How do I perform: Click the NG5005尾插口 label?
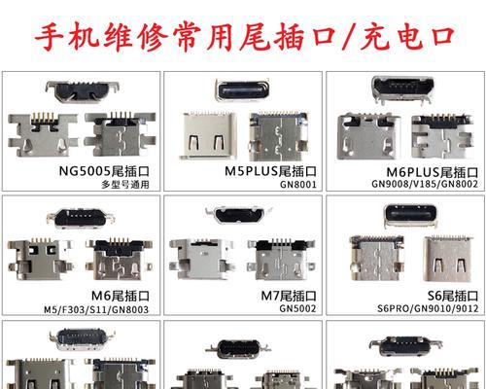[x=104, y=171]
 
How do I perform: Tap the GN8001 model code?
[x=298, y=185]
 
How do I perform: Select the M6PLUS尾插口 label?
[x=433, y=172]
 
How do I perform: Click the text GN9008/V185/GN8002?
[x=425, y=184]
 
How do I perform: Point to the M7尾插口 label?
[x=289, y=296]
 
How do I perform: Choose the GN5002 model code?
[x=297, y=308]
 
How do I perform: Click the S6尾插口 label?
[x=453, y=296]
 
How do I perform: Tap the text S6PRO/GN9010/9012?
[x=428, y=308]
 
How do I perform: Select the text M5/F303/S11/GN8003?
[x=96, y=309]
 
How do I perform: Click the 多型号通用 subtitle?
[x=125, y=185]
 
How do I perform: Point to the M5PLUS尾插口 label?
[x=270, y=171]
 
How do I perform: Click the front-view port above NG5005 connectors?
[x=83, y=91]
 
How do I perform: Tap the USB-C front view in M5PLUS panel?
[x=242, y=89]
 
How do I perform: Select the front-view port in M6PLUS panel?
[x=402, y=89]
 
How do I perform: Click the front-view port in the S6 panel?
[x=410, y=215]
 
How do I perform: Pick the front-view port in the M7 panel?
[x=240, y=215]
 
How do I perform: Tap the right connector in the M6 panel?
[x=119, y=260]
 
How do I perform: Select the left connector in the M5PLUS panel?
[x=208, y=135]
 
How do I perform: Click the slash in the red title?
[x=348, y=37]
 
